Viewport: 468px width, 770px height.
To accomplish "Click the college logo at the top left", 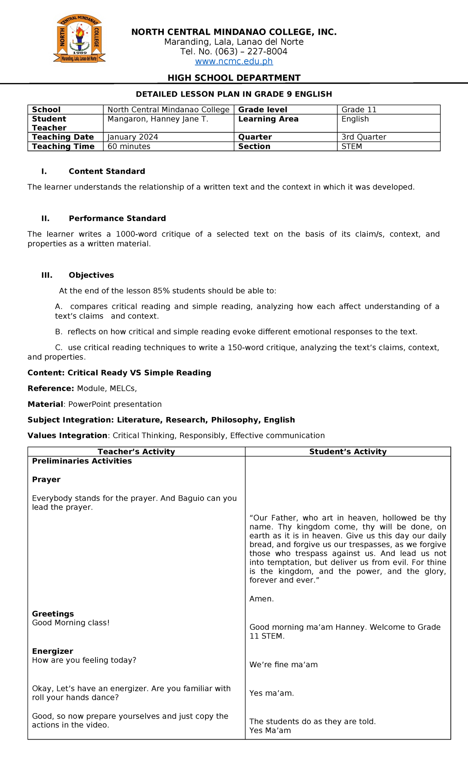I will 80,39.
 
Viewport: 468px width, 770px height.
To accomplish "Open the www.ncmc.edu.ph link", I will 234,62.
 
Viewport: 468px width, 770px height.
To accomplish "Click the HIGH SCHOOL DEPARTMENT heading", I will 234,78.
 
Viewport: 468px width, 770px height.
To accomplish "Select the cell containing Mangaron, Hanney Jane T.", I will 158,119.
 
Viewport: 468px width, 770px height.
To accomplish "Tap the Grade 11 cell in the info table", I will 359,110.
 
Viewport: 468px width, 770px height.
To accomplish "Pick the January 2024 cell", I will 133,137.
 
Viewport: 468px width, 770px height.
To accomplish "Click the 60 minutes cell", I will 129,147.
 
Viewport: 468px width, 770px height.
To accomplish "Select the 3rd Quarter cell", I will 364,137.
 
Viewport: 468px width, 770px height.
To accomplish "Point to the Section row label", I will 254,147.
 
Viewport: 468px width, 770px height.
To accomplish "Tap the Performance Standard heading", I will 117,219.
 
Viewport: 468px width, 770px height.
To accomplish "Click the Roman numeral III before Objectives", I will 47,275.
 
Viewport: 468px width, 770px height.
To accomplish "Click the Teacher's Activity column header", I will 136,452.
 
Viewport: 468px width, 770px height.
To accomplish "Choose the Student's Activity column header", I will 348,452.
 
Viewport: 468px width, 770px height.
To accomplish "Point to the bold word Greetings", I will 53,614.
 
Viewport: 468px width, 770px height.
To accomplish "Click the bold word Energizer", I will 53,651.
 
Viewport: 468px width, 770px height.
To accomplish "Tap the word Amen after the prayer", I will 261,599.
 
